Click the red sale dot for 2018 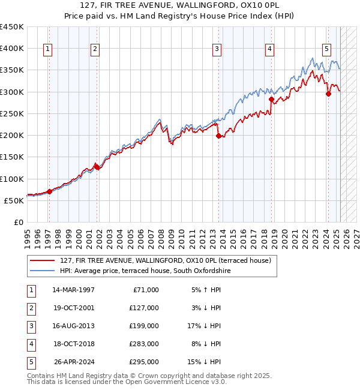coord(271,99)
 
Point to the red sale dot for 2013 coord(218,136)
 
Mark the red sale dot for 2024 coord(328,94)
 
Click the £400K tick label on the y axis coord(12,49)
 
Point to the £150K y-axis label coord(12,157)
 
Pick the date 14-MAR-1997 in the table coord(73,290)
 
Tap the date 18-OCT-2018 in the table coord(73,344)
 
